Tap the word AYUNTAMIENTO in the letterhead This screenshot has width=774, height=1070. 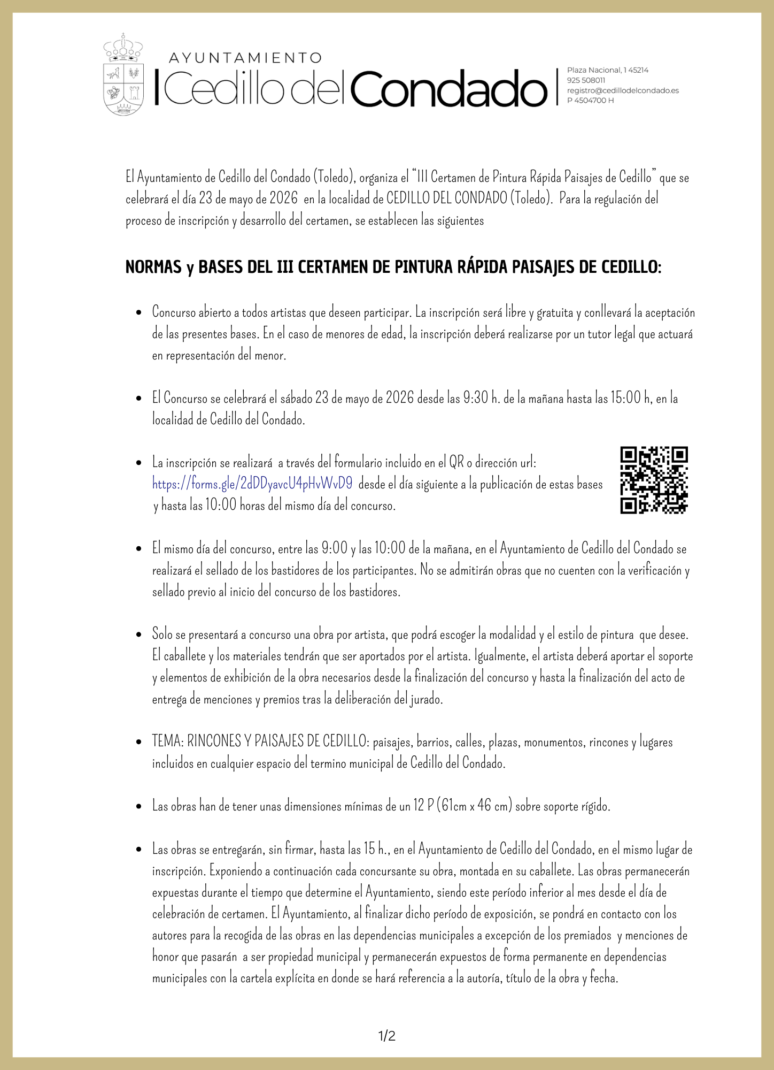[245, 58]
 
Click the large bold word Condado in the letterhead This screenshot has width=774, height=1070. [449, 88]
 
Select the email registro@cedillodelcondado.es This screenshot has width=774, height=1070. [623, 90]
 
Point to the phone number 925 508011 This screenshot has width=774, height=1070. [586, 80]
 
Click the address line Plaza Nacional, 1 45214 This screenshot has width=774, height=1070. [607, 70]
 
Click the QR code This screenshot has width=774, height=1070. [654, 480]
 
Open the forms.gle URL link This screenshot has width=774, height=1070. [252, 484]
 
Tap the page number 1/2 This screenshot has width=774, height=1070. [387, 1036]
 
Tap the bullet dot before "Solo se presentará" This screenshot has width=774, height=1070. [139, 635]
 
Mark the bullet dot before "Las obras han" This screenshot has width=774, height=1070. [139, 806]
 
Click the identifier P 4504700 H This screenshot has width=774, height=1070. [590, 101]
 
